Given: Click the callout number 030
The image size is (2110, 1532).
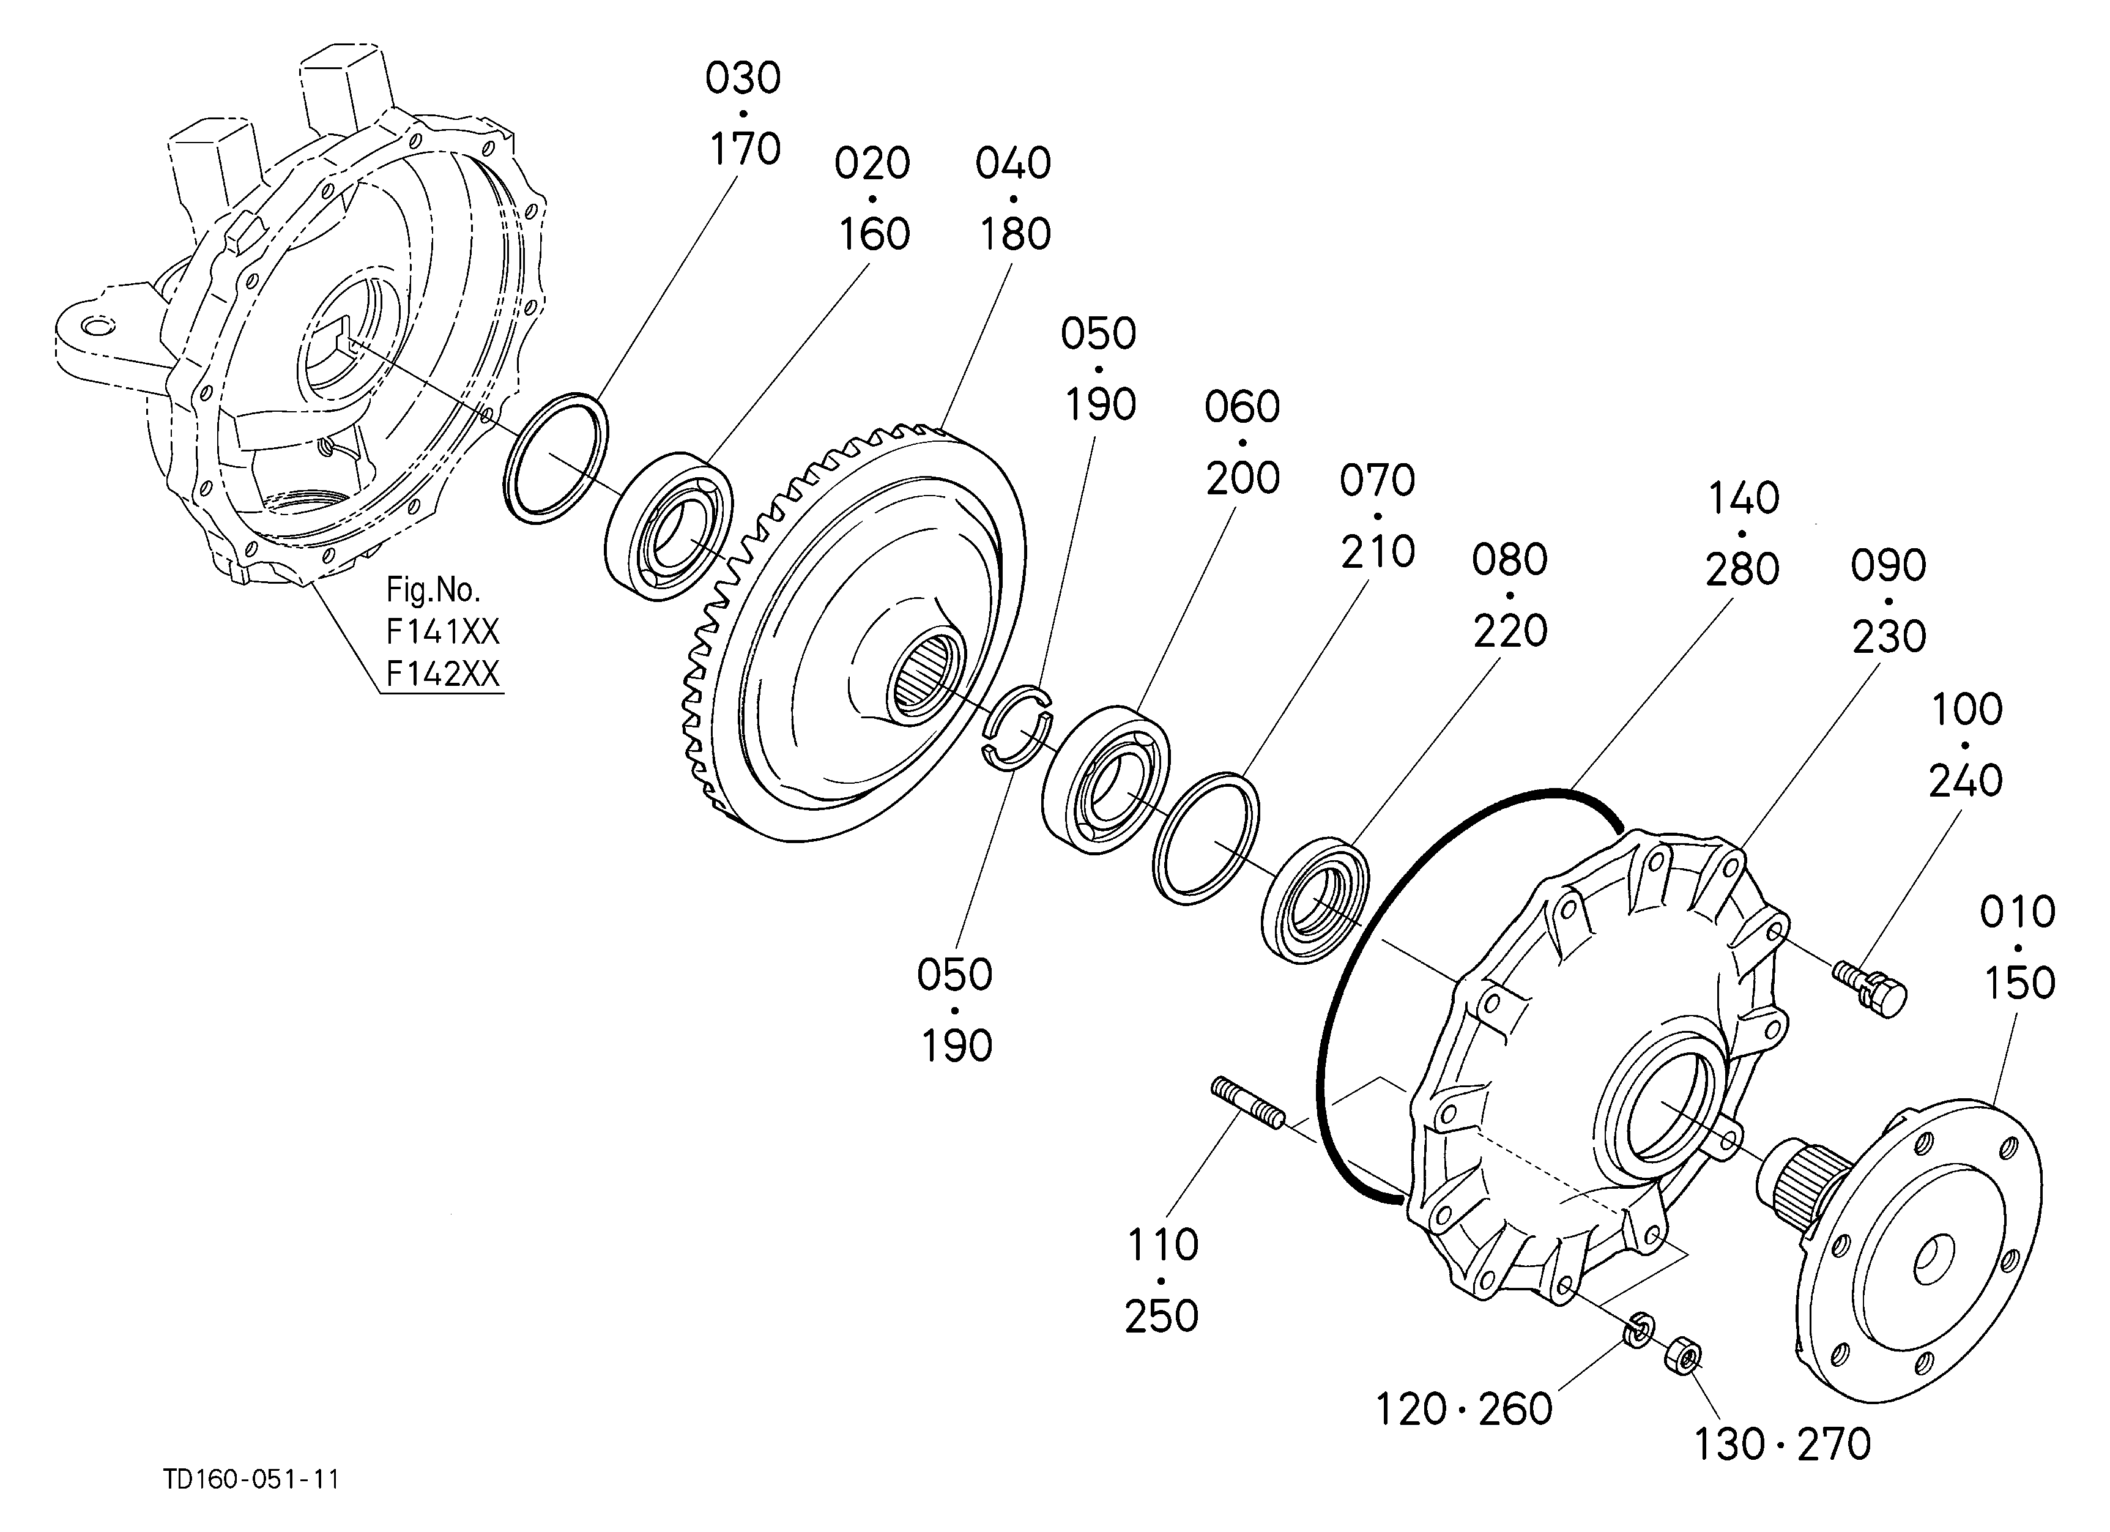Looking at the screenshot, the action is [743, 79].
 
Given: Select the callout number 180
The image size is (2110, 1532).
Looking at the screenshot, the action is [1014, 234].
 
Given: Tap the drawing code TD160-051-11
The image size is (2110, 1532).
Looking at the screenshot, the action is [251, 1479].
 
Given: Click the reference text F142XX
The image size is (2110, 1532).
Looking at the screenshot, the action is [443, 674].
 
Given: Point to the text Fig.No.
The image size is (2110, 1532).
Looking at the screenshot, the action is [434, 590].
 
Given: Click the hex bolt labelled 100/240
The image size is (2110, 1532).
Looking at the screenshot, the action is [1870, 989].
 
